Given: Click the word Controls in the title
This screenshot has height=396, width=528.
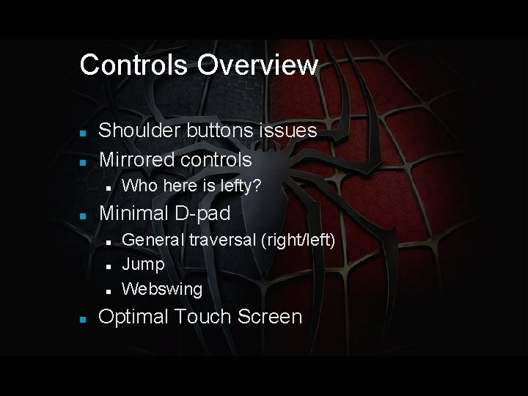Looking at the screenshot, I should [x=134, y=65].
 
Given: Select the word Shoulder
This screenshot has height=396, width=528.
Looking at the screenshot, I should [x=138, y=131].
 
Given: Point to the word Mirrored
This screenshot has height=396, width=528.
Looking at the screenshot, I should [x=133, y=159].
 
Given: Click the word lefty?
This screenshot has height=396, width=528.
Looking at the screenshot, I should [x=237, y=186].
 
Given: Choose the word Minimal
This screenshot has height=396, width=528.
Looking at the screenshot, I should [x=134, y=213].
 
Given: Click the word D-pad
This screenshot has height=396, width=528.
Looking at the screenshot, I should [x=202, y=213].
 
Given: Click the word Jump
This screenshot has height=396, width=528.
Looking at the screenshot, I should [x=143, y=264].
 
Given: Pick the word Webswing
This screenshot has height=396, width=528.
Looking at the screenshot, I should [x=162, y=289].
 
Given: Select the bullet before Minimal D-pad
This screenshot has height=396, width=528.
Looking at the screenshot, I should [x=84, y=216].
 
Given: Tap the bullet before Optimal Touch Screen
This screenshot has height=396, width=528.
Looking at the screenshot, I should [x=84, y=319].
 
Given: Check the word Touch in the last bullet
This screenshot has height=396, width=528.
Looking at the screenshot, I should [x=198, y=317].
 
